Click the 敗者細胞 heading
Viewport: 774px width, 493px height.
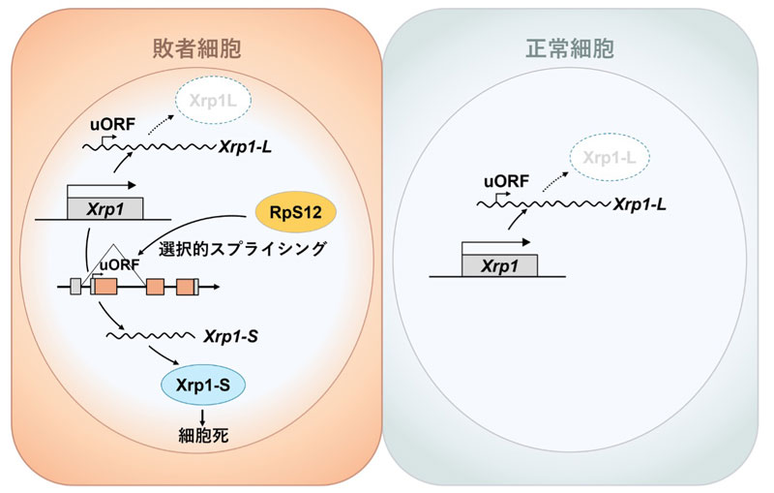[197, 48]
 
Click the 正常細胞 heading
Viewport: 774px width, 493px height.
[570, 48]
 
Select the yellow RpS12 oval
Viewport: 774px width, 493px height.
[296, 212]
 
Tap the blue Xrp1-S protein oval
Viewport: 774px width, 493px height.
[203, 385]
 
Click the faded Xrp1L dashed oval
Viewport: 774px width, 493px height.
[213, 101]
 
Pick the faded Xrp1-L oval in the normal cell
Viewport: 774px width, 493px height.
[610, 158]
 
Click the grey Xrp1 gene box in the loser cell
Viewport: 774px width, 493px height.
[105, 208]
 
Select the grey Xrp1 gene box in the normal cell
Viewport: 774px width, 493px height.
[499, 265]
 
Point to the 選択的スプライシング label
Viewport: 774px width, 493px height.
[243, 248]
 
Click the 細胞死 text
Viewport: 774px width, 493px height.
[203, 435]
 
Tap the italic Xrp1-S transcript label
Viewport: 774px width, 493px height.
[230, 337]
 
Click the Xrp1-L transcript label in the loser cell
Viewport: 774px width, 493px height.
[246, 146]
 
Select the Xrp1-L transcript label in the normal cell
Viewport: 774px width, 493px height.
[640, 204]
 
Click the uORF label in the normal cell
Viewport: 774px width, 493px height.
[506, 181]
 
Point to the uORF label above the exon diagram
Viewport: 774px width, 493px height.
[120, 264]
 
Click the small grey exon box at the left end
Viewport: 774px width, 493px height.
[75, 287]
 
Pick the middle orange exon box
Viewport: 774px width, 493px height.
[155, 287]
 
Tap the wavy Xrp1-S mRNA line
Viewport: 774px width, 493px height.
[151, 336]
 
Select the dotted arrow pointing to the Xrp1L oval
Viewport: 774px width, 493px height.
[161, 125]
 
